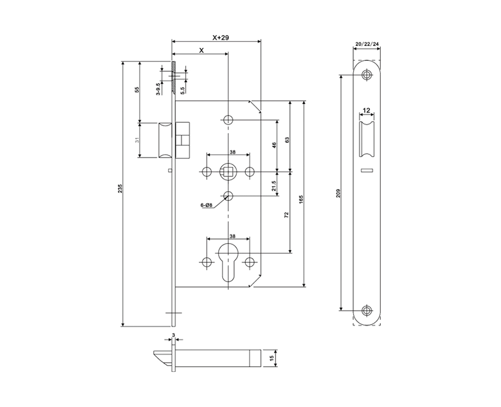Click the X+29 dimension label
click(x=221, y=38)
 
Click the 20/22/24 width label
click(x=367, y=44)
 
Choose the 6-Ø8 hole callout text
click(x=207, y=206)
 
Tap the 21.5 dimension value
click(x=274, y=186)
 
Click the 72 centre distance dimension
click(x=286, y=215)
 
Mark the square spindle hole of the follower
click(x=228, y=171)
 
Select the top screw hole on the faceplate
click(x=367, y=75)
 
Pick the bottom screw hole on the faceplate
click(x=367, y=309)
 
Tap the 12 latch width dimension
click(x=367, y=110)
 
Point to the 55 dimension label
click(x=137, y=90)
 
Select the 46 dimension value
click(x=274, y=146)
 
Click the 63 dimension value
click(x=287, y=140)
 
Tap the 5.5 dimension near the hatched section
click(x=182, y=91)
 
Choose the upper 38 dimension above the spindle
click(x=232, y=152)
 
